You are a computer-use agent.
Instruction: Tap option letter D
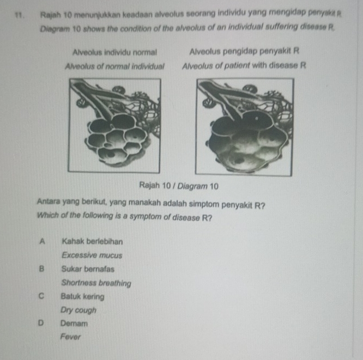pyautogui.click(x=41, y=323)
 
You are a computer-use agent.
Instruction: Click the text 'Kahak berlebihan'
pyautogui.click(x=92, y=241)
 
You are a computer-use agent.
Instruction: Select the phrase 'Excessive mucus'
pyautogui.click(x=92, y=254)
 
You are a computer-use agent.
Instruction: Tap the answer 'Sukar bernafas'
pyautogui.click(x=88, y=269)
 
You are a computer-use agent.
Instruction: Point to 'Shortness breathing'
pyautogui.click(x=96, y=283)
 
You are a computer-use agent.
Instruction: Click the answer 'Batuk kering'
pyautogui.click(x=83, y=297)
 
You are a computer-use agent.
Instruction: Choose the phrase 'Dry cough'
pyautogui.click(x=78, y=310)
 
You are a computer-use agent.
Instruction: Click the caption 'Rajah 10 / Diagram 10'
pyautogui.click(x=179, y=186)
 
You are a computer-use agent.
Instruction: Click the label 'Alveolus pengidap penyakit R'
pyautogui.click(x=244, y=52)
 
